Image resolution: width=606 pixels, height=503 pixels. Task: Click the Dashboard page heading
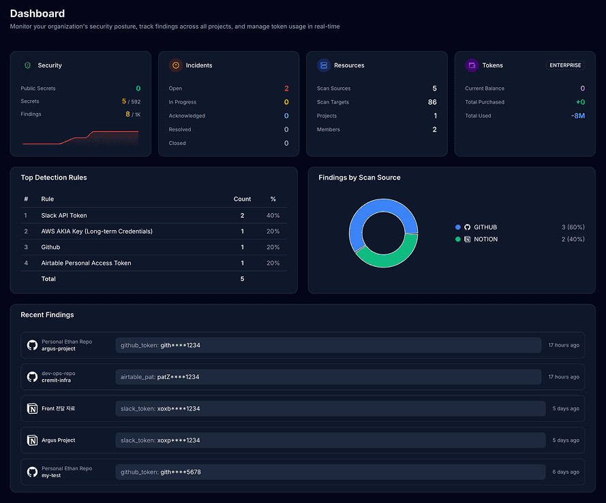[37, 14]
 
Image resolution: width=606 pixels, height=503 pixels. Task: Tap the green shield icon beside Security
[27, 65]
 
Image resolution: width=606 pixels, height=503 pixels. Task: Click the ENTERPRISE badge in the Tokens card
[565, 65]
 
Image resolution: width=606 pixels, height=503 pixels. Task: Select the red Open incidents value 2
[286, 88]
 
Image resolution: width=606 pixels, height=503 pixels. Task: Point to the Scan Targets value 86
[432, 102]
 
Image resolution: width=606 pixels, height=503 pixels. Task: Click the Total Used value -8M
[577, 116]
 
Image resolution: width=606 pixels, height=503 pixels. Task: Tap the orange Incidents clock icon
[176, 65]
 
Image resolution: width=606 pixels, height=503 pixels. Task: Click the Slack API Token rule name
[64, 216]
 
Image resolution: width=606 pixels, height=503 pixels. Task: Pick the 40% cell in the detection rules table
[273, 216]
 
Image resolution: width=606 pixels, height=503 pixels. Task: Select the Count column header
[242, 199]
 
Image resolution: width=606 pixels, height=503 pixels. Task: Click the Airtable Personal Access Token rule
[86, 263]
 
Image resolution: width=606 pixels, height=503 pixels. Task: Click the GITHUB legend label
[485, 227]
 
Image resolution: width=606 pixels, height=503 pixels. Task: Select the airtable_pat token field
[328, 377]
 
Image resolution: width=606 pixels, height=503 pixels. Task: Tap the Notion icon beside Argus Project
[32, 440]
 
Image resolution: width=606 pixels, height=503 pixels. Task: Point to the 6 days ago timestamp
[566, 472]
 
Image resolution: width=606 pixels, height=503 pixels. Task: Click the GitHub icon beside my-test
[32, 472]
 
